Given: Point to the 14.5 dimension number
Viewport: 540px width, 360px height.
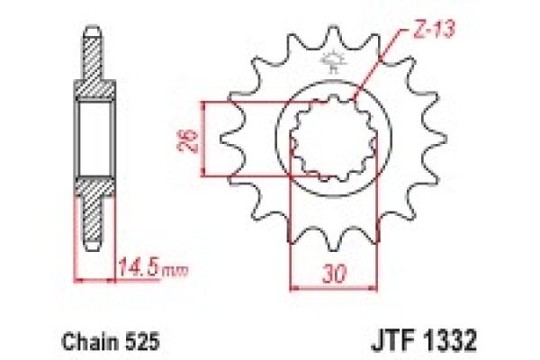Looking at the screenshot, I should (x=135, y=266).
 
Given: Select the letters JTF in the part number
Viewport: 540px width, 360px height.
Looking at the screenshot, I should (x=391, y=343).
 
